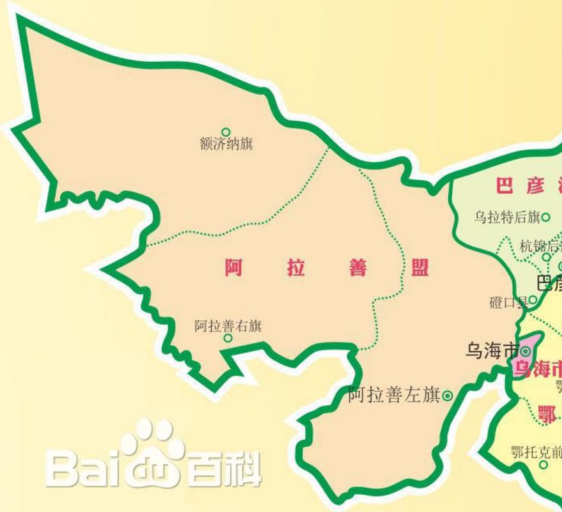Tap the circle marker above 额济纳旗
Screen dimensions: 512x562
[x=225, y=132]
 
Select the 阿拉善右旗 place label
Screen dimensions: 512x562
[x=228, y=326]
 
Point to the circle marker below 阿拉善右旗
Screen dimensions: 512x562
[x=228, y=338]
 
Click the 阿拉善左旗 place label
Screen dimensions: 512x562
[x=394, y=396]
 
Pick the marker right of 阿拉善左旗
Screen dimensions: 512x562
[x=447, y=396]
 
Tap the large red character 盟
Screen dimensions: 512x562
[x=420, y=268]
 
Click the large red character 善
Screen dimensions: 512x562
[x=358, y=268]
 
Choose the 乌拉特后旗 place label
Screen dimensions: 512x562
[x=507, y=217]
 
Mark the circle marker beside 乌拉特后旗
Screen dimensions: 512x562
[x=545, y=217]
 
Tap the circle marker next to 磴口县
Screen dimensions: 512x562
[x=532, y=299]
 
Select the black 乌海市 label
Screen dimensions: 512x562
[x=492, y=351]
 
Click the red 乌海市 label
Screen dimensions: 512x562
[x=538, y=369]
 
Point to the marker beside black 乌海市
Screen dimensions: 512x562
[x=526, y=352]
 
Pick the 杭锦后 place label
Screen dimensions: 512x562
[x=540, y=246]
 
